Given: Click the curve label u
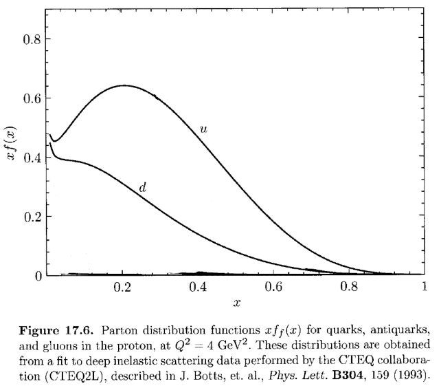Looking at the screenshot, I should [x=203, y=128].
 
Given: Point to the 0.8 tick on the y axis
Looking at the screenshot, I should [x=30, y=39].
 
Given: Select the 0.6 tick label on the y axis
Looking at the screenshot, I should [x=30, y=98].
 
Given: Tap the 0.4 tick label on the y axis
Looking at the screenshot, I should [x=30, y=157].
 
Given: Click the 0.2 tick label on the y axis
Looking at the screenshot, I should [x=30, y=216].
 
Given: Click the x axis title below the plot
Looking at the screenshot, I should [x=238, y=302].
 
